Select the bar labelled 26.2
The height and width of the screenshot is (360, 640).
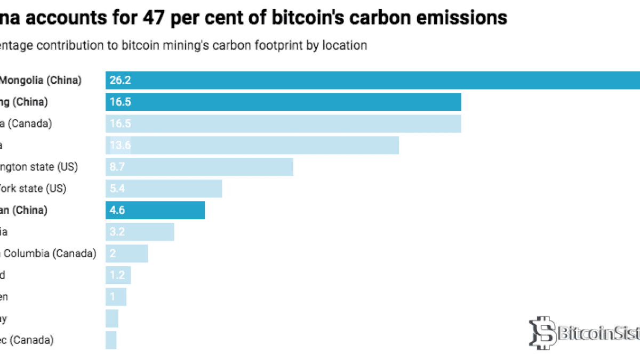pyautogui.click(x=373, y=80)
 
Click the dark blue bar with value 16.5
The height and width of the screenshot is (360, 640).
pyautogui.click(x=283, y=102)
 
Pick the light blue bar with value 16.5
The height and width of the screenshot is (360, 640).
pyautogui.click(x=283, y=124)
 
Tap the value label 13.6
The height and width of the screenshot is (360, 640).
pyautogui.click(x=121, y=146)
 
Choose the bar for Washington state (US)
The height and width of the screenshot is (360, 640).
pyautogui.click(x=199, y=167)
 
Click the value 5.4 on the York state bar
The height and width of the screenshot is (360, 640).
pyautogui.click(x=117, y=189)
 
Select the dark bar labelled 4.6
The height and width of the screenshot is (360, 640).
pyautogui.click(x=155, y=210)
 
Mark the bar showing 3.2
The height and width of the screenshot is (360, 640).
pyautogui.click(x=140, y=232)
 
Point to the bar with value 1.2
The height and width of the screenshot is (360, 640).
pyautogui.click(x=118, y=275)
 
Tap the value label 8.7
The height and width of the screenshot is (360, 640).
pyautogui.click(x=117, y=167)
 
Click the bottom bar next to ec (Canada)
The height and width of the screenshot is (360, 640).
pyautogui.click(x=111, y=340)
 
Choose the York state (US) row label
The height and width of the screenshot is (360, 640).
pyautogui.click(x=33, y=189)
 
